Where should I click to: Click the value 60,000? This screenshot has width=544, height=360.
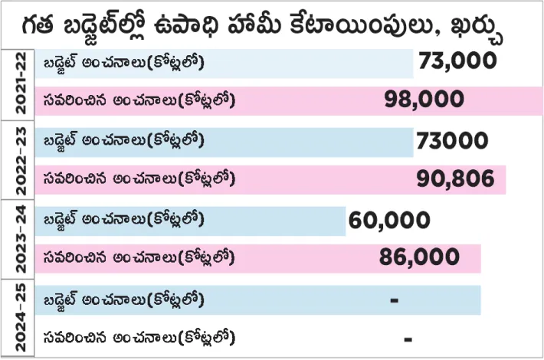(388, 221)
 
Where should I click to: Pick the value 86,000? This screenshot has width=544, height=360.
(419, 257)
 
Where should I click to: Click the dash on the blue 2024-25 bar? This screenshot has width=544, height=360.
(394, 299)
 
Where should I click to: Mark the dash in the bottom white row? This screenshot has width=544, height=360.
(408, 337)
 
